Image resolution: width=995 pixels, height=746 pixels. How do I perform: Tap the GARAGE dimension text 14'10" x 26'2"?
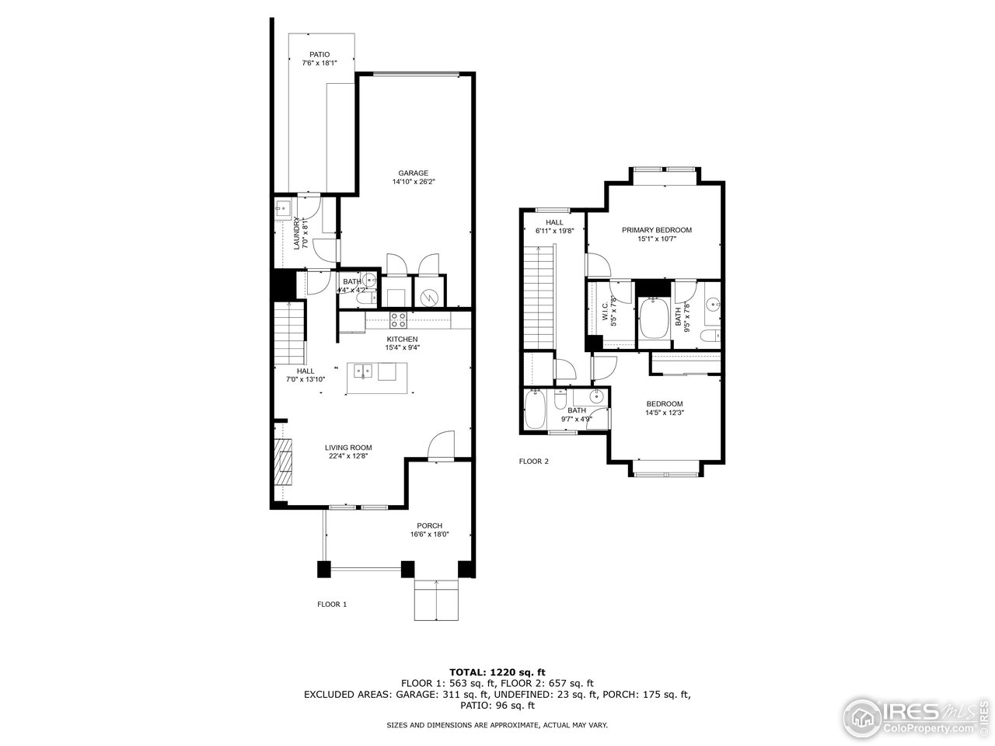(x=414, y=183)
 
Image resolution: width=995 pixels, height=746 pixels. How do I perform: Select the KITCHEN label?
(x=403, y=339)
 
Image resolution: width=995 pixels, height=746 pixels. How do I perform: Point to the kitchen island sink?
(x=363, y=371)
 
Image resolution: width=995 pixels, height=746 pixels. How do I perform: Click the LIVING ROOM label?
(x=347, y=447)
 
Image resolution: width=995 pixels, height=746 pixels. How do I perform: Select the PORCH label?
(x=429, y=525)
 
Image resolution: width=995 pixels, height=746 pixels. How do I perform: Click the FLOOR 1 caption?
(x=332, y=604)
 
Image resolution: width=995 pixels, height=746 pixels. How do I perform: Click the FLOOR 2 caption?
(x=534, y=461)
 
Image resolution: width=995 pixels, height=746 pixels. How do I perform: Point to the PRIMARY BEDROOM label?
(x=656, y=230)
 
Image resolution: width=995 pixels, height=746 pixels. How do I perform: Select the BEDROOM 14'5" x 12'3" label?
(x=665, y=403)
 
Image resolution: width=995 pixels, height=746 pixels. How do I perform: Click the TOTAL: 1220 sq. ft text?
(x=497, y=671)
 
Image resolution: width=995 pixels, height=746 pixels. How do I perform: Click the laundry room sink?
(x=283, y=207)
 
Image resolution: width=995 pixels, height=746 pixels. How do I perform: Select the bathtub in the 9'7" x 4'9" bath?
(x=536, y=410)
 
